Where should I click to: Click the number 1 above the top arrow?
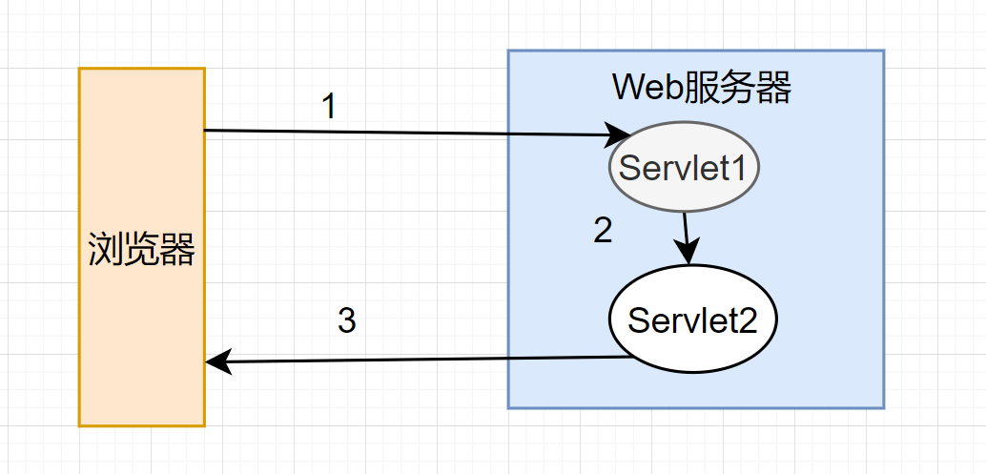329,107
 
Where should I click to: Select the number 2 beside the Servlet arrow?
603,231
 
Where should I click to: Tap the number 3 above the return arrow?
347,321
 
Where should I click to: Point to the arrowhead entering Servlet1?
620,134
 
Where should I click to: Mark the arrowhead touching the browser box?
216,361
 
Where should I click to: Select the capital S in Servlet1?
629,169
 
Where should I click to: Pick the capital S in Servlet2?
638,319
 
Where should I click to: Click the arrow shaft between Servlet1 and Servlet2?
686,231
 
